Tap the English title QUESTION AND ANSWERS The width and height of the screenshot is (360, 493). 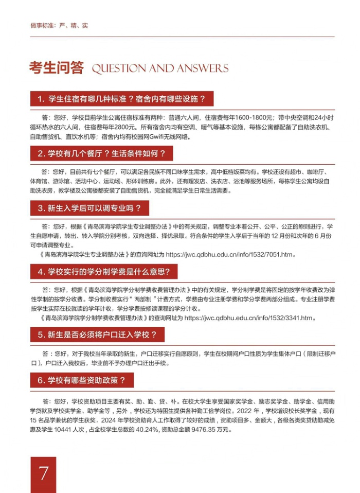click(x=159, y=68)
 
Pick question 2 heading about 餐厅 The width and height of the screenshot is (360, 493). click(x=101, y=153)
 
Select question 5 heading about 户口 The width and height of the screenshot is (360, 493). click(x=97, y=335)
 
